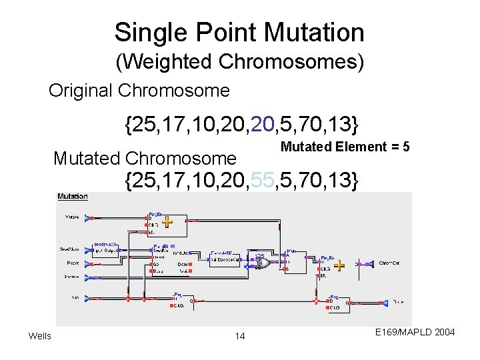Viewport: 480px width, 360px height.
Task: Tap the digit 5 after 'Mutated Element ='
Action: tap(405, 147)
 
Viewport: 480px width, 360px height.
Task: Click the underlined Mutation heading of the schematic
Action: tap(73, 196)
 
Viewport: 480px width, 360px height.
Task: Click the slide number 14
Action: tap(240, 336)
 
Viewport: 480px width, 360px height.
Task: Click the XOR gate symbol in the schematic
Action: tap(261, 262)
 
